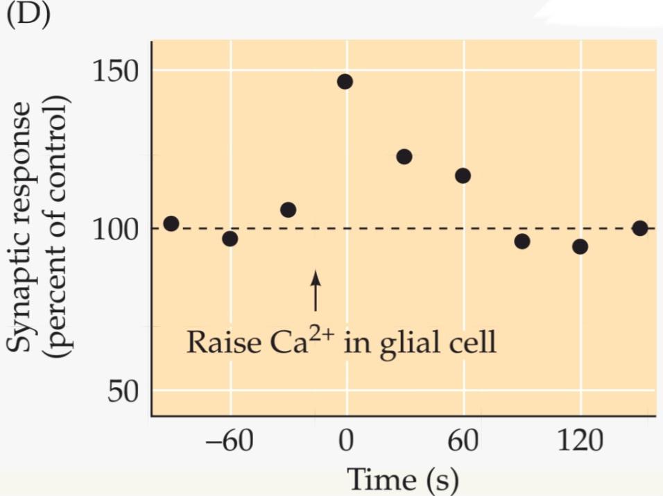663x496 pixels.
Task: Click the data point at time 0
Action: pos(345,82)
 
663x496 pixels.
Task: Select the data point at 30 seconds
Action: pos(404,157)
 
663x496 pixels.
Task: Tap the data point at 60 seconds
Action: pos(463,176)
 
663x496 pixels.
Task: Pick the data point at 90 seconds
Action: pos(522,241)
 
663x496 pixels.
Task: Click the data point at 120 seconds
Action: pos(580,246)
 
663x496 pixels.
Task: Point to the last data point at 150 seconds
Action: pos(640,228)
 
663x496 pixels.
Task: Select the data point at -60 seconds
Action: pos(230,239)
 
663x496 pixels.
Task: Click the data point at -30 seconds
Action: pos(289,209)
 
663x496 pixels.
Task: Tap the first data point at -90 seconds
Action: pos(171,223)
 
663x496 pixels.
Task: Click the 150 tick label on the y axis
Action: pos(117,71)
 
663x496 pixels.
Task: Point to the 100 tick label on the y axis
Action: pos(117,229)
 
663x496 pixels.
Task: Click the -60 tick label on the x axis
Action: pos(227,441)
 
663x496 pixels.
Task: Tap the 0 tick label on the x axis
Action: pos(345,441)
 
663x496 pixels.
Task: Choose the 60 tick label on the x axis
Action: pos(463,441)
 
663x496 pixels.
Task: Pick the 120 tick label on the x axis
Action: pos(580,441)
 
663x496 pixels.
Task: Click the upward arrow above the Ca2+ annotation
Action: pos(316,290)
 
